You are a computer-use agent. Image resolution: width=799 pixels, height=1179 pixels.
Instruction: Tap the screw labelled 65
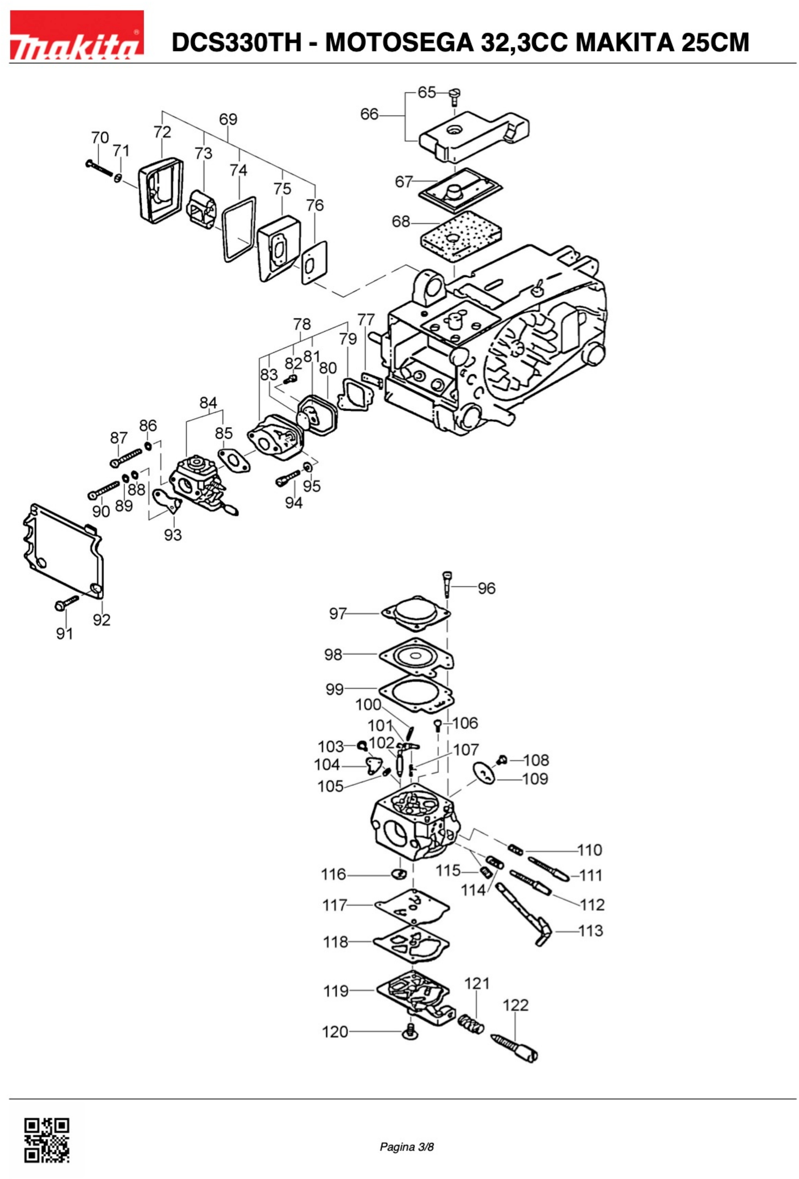[x=454, y=96]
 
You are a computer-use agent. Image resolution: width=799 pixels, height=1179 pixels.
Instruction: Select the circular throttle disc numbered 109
[x=486, y=773]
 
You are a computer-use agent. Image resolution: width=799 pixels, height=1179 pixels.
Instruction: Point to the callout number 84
[x=208, y=403]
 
